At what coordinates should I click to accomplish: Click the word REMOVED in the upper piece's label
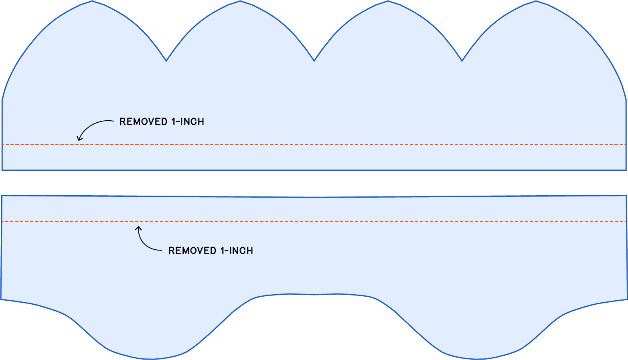pos(143,121)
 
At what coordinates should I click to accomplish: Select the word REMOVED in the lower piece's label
pos(192,251)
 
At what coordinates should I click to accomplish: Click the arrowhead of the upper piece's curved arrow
pos(79,140)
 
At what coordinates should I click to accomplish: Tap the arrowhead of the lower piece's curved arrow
pos(139,228)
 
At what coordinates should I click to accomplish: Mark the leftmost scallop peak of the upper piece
pos(92,1)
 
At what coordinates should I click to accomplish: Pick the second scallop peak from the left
pos(240,1)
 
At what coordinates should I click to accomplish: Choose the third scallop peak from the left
pos(388,1)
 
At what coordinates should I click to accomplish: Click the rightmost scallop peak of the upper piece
pos(536,1)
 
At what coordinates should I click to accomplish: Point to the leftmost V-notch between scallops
pos(166,61)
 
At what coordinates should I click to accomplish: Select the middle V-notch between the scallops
pos(314,61)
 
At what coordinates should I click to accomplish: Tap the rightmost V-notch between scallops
pos(462,61)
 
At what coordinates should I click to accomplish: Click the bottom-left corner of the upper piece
pos(2,170)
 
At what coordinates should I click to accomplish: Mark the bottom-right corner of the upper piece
pos(626,170)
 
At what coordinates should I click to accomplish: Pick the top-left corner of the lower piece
pos(2,196)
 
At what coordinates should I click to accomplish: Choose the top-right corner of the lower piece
pos(626,196)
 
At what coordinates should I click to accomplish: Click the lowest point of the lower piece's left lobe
pos(151,359)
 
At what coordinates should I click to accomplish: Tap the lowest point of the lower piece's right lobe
pos(477,359)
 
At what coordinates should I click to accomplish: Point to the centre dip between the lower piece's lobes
pos(314,295)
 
